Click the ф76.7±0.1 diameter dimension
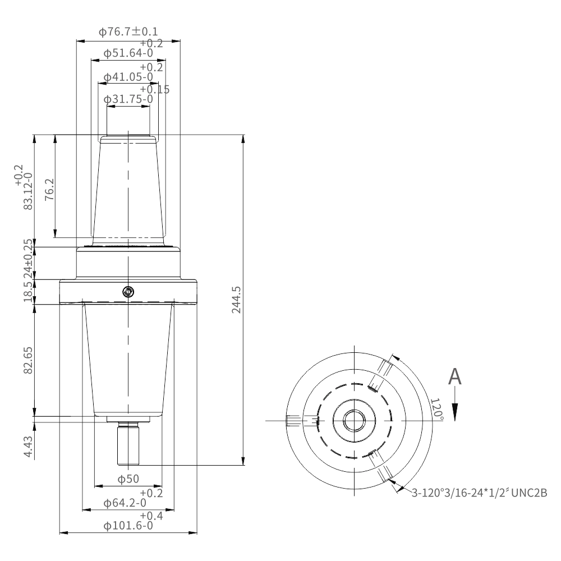point(128,32)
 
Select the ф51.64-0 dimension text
point(128,53)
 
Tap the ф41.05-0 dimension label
point(128,77)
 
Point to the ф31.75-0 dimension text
point(128,99)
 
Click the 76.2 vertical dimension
point(49,189)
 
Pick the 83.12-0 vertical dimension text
point(28,191)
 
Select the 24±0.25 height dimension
point(28,259)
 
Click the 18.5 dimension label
point(28,292)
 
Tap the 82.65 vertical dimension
point(28,360)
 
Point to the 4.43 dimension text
point(28,447)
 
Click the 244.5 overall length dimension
point(236,300)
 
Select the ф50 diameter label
point(128,479)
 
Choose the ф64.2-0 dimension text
point(125,503)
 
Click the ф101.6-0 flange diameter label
point(128,526)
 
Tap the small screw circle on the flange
point(128,292)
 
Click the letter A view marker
point(455,376)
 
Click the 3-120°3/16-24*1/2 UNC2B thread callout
point(480,493)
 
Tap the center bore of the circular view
point(355,420)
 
